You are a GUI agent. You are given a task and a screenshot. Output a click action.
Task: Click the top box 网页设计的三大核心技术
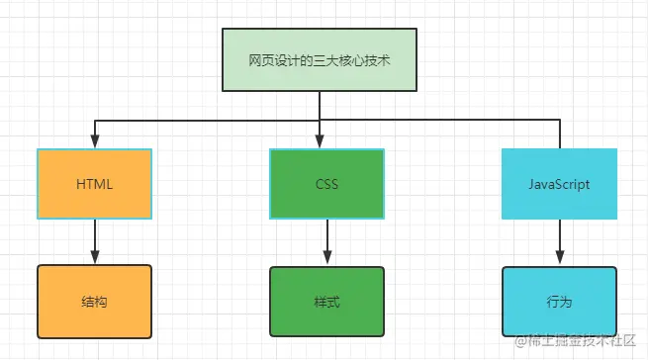319,60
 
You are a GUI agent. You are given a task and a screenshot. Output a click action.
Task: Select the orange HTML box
95,184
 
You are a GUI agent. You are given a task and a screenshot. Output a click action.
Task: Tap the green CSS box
326,184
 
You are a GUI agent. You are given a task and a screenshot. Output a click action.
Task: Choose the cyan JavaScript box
559,184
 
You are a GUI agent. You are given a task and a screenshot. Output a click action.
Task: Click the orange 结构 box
95,301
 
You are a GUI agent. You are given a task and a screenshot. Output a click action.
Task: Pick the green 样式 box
326,301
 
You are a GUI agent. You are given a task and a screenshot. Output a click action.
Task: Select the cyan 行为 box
559,301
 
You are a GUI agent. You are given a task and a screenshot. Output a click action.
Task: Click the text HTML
95,184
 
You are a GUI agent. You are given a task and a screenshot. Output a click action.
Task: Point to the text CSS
326,184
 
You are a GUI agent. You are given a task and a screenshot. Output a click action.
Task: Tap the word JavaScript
559,184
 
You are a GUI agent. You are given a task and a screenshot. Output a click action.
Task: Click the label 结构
95,301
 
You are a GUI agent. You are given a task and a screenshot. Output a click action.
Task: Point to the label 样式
326,301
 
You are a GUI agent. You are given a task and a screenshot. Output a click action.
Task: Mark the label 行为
559,301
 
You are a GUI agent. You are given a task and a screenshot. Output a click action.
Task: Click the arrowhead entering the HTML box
95,142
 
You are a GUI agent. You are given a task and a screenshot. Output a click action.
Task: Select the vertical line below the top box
319,105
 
